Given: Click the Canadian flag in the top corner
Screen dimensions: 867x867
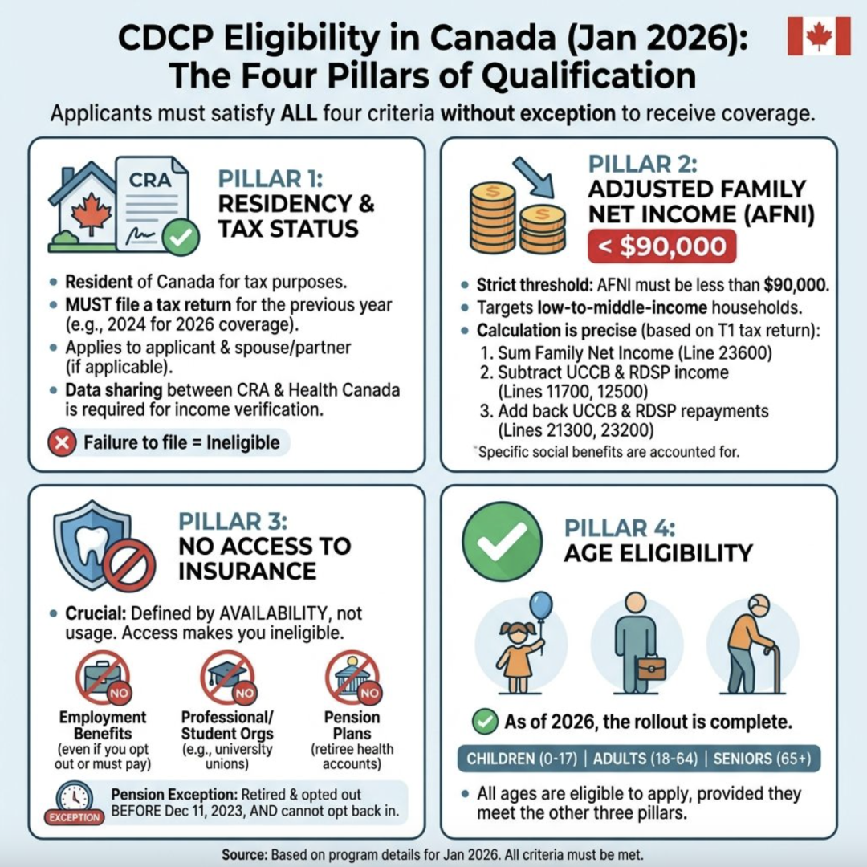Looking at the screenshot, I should coord(819,36).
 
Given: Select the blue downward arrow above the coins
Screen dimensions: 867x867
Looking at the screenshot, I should coord(533,177).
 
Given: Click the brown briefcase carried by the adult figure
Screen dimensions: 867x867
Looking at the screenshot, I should coord(651,668).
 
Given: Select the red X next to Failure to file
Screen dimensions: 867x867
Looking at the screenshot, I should coord(62,442).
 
